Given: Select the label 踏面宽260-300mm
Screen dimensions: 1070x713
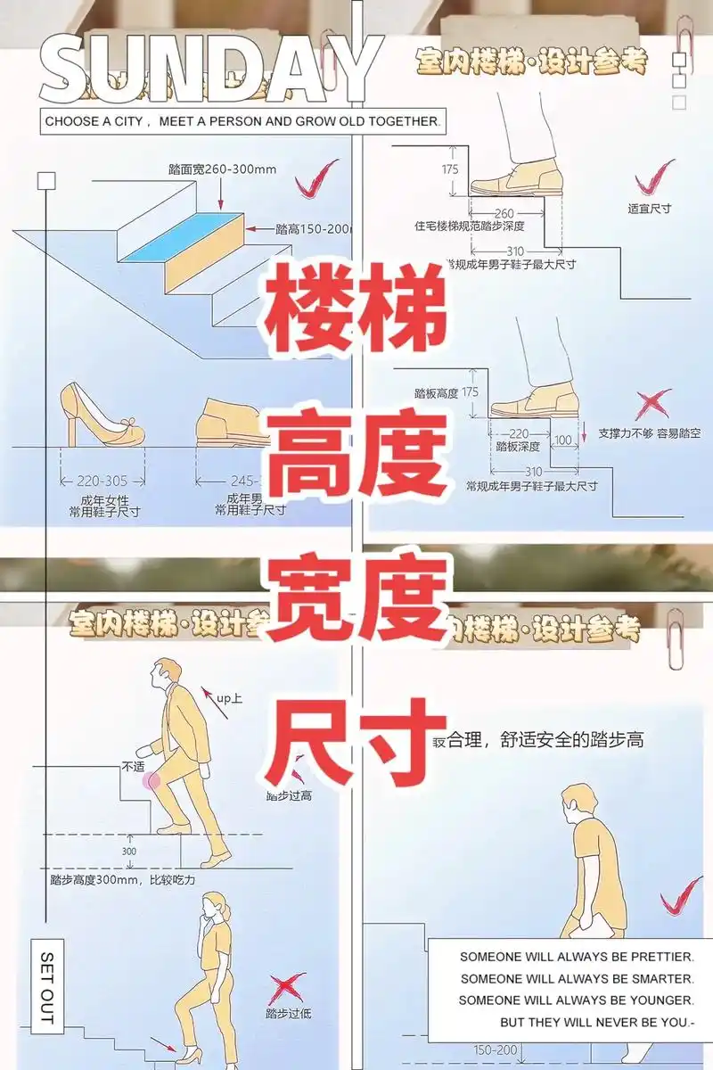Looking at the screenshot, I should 222,169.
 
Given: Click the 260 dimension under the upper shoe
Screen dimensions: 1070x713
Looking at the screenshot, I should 504,214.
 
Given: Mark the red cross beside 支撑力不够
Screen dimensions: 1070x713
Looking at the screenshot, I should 652,404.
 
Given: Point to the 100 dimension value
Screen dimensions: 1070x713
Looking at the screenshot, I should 563,440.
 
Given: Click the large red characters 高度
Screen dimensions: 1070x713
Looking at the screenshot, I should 356,461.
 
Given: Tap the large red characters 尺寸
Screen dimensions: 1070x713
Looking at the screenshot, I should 356,737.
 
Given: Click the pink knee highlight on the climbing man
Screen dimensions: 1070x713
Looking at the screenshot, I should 152,781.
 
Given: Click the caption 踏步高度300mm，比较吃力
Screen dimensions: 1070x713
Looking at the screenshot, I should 122,879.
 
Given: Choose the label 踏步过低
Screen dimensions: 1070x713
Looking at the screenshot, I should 288,1013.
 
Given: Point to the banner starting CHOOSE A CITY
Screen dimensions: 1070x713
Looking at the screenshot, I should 242,120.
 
